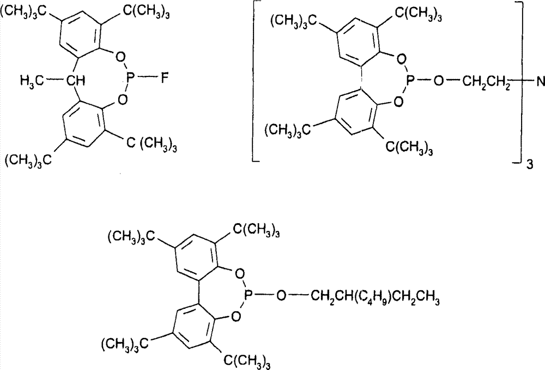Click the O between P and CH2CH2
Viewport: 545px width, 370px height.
tap(439, 82)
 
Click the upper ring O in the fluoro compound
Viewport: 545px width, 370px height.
tap(120, 57)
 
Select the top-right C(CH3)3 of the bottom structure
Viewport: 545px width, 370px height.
tap(256, 232)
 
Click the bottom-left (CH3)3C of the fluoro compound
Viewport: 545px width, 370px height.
tap(28, 160)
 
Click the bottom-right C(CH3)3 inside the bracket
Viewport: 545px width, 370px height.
tap(410, 148)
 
